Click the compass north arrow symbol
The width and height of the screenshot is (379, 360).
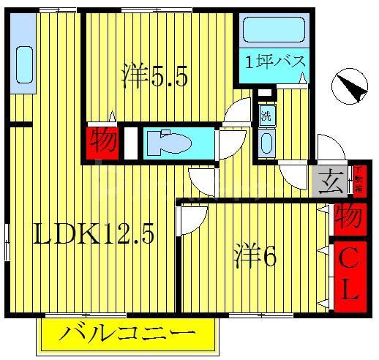pos(350,89)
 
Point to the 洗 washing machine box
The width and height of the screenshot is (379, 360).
pos(266,115)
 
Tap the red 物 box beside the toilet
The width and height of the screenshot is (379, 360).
pos(102,141)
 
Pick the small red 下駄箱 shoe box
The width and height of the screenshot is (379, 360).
pos(359,180)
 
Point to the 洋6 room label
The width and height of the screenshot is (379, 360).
pos(255,258)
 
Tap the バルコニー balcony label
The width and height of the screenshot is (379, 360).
pos(127,337)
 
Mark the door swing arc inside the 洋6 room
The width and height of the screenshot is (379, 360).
pos(192,220)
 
